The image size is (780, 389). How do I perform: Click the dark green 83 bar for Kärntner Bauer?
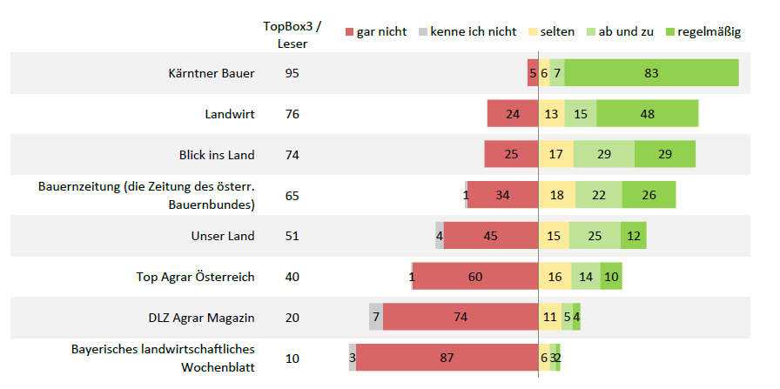coord(651,73)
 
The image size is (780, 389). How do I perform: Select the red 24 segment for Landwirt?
coord(513,114)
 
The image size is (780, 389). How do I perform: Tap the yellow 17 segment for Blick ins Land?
coord(555,155)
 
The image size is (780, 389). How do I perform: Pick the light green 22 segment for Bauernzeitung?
coord(597,195)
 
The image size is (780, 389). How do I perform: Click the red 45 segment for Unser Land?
coord(491,236)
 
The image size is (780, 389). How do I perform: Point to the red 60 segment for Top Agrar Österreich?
coord(475,277)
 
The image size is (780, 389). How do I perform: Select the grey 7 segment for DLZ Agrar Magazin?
coord(376,317)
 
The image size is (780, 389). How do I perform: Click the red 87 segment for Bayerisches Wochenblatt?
coord(447,358)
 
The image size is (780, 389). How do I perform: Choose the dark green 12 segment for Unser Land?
coord(633,236)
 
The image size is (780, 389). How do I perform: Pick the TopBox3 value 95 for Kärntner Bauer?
coord(292,73)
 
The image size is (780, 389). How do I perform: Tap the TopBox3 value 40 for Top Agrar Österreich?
coord(292,277)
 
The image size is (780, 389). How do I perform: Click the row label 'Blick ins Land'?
coord(217,155)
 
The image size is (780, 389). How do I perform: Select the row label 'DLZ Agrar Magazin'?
coord(201,317)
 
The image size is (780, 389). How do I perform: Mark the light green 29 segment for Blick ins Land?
coord(604,155)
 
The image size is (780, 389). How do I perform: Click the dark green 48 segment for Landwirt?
coord(647,114)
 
